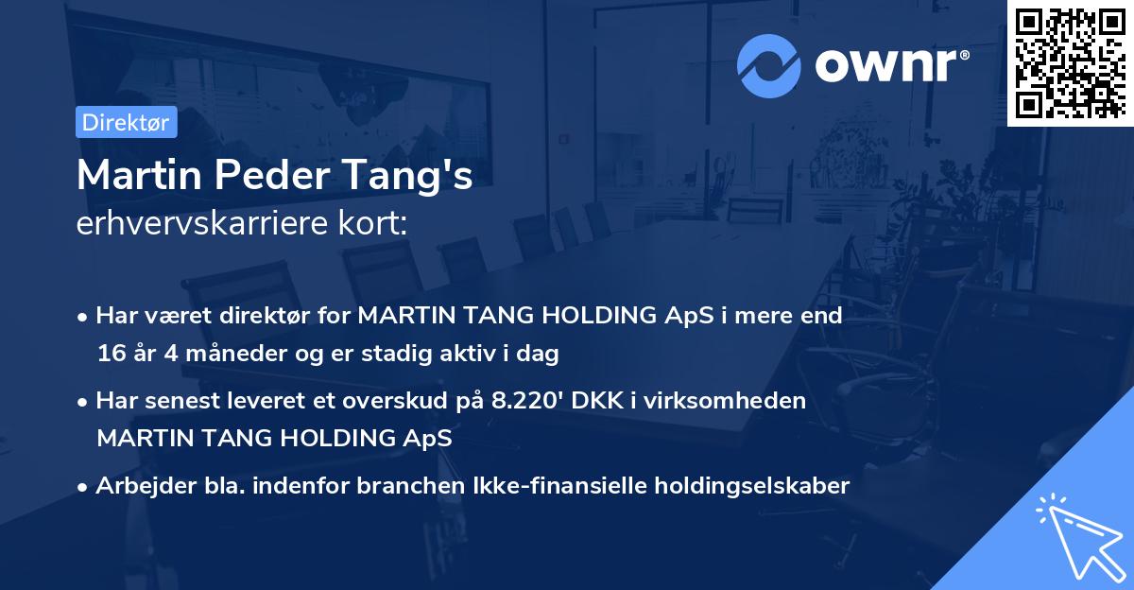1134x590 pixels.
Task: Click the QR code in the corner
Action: pyautogui.click(x=1070, y=62)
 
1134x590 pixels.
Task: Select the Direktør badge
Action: pyautogui.click(x=126, y=122)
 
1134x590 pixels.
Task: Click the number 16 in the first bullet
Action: pyautogui.click(x=110, y=355)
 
